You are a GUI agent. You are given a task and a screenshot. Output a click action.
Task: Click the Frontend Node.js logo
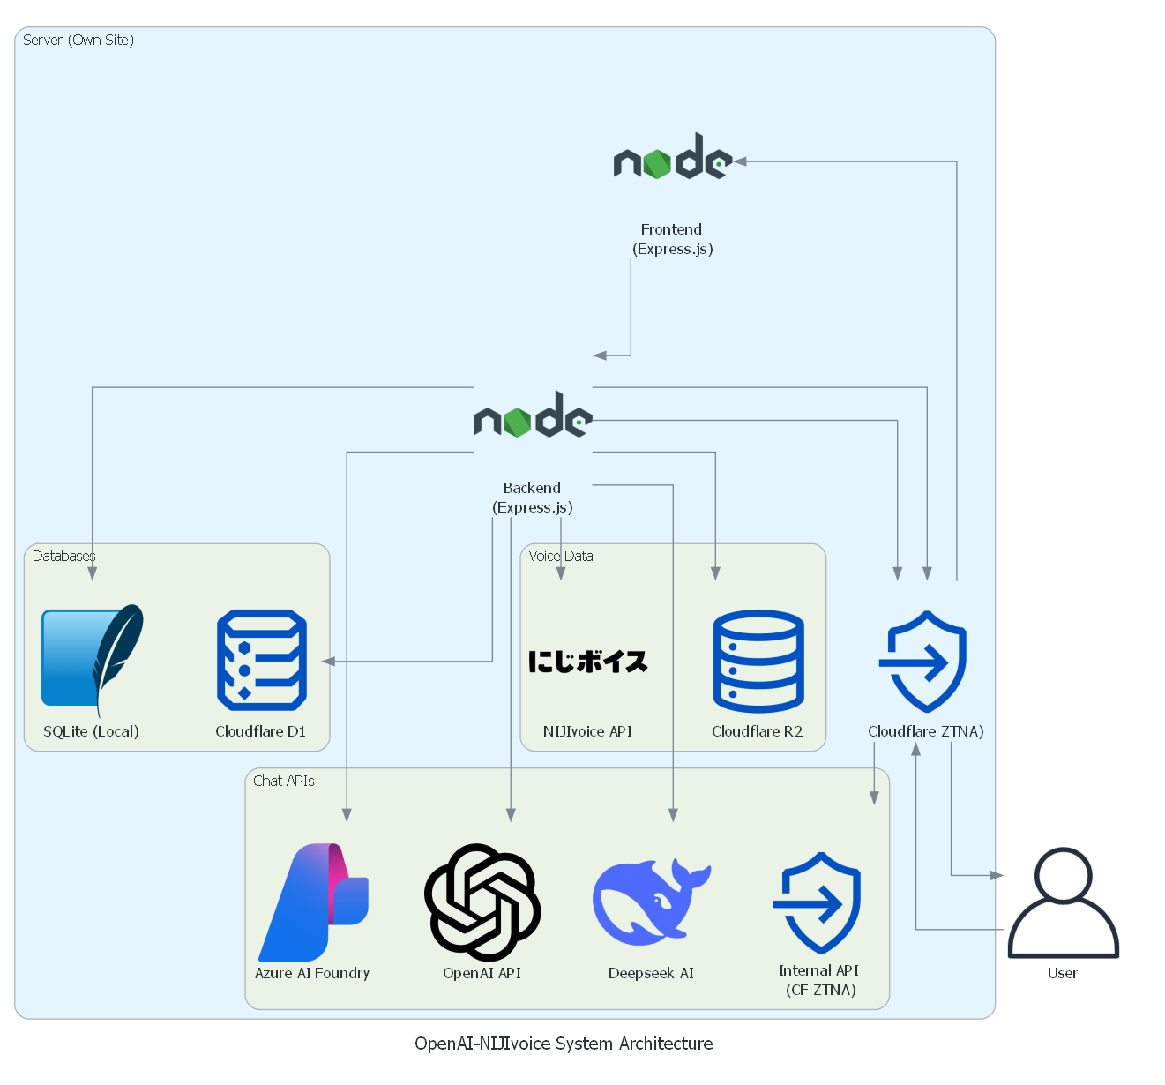672,159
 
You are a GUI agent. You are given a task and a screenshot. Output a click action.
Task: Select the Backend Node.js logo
533,416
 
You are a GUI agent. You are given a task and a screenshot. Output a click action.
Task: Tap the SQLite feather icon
93,657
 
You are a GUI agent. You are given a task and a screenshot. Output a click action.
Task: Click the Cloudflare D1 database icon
262,660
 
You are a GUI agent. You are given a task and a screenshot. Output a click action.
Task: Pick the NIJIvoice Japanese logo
588,662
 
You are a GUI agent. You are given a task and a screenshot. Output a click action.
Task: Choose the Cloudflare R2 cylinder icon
758,661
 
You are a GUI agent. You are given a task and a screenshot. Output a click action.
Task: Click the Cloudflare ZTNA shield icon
923,661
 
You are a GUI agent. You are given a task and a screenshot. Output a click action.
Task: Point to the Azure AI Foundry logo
313,902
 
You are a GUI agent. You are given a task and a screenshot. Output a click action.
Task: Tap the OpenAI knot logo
482,902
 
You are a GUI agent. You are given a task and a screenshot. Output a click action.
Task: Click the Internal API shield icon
818,902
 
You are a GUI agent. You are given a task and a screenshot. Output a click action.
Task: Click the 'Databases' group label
63,556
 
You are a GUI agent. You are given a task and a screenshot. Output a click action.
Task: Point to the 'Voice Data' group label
561,556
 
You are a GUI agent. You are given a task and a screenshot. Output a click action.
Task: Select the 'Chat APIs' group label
283,781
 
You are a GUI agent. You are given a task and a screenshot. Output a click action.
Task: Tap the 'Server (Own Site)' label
78,40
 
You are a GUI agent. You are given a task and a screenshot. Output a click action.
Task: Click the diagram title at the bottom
564,1044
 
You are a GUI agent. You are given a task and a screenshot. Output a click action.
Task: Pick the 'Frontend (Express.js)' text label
672,239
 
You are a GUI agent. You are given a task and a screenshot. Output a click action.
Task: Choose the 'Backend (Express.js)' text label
533,498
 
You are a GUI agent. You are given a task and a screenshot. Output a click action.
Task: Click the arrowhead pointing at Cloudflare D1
328,661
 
